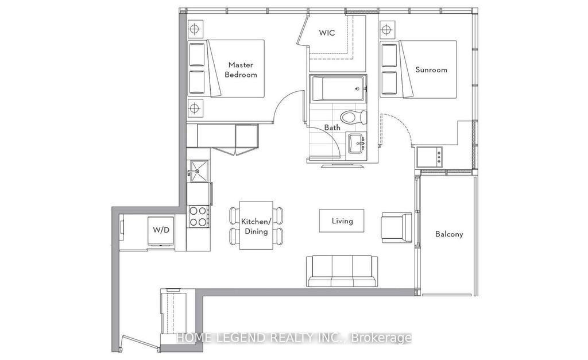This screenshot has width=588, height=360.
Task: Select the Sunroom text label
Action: (431, 70)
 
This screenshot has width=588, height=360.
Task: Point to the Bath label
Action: (332, 127)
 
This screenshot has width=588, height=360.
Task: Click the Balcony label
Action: (448, 234)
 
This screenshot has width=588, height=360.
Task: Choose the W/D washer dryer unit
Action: (161, 231)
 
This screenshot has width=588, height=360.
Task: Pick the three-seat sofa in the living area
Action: (342, 270)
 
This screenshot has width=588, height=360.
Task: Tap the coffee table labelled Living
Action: (342, 220)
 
